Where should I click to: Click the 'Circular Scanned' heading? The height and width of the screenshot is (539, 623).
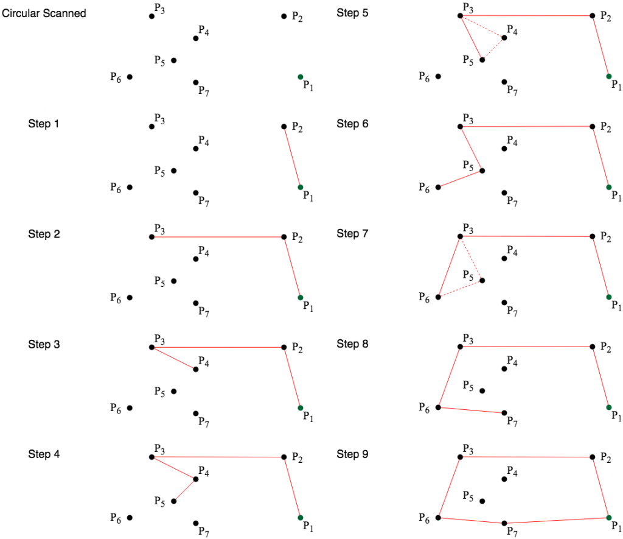pos(44,13)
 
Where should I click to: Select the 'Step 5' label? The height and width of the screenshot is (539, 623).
pos(352,13)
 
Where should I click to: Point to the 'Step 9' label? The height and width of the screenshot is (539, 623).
pos(352,454)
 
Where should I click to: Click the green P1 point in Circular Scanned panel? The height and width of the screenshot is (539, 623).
pos(300,77)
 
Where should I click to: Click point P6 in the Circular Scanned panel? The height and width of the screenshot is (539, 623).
pos(130,77)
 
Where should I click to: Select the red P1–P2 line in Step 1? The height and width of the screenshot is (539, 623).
pos(292,157)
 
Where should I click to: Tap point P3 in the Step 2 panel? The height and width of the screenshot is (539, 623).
pos(151,237)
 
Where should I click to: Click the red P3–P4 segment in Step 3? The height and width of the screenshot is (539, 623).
pos(173,358)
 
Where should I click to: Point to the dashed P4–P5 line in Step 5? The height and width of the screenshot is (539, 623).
pos(493,49)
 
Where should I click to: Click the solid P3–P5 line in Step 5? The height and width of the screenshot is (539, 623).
pos(471,37)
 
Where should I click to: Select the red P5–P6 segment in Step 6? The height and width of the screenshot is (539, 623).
pos(460,178)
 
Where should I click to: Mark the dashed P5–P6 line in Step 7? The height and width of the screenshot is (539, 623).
pos(460,289)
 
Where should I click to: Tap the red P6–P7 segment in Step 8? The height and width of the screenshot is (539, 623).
pos(471,410)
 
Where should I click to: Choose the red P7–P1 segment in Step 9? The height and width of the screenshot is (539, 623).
pos(557,520)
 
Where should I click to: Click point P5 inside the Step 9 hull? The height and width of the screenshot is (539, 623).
pos(482,501)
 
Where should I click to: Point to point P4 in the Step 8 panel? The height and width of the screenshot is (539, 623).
pos(504,368)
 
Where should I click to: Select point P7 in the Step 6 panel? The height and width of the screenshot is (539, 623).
pos(504,192)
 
